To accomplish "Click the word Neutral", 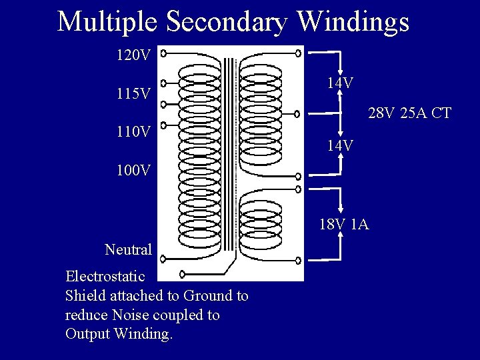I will click(x=129, y=249).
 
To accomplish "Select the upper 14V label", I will click(x=340, y=83).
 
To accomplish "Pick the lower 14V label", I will click(x=340, y=145).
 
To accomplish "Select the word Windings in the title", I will click(x=353, y=21).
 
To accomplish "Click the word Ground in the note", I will click(x=208, y=295).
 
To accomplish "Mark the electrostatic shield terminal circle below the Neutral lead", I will click(x=183, y=273).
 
